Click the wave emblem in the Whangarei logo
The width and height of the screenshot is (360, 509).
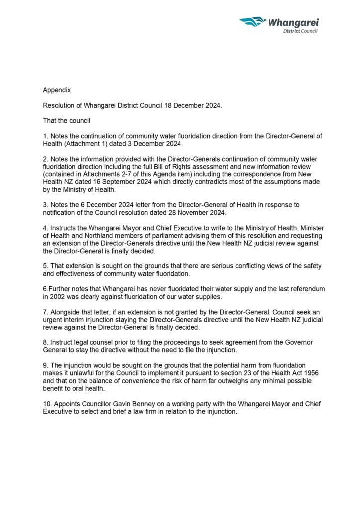[x=253, y=22]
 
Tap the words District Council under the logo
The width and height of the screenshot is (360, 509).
[x=300, y=31]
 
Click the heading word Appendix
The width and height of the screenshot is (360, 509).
[x=57, y=90]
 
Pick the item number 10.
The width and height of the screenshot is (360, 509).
[x=47, y=405]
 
